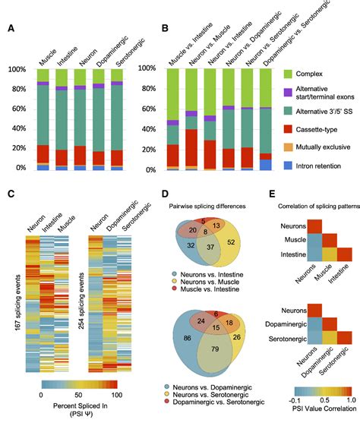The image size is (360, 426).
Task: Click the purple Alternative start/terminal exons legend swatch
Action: click(288, 92)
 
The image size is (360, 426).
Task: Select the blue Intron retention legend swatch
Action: click(288, 166)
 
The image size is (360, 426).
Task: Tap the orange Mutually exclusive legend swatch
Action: click(288, 147)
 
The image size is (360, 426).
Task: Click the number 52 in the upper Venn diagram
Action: click(231, 241)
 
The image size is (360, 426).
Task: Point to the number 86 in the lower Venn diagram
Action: click(187, 338)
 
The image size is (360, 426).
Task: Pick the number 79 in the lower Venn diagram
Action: click(215, 349)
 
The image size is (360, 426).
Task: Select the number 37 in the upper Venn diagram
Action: click(210, 247)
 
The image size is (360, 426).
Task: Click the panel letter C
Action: click(11, 194)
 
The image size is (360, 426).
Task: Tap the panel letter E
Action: click(272, 194)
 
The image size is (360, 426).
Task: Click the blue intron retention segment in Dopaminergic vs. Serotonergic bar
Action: click(266, 165)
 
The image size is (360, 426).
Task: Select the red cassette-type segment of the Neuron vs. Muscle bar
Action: click(191, 147)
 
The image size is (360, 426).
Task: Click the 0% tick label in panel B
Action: click(150, 170)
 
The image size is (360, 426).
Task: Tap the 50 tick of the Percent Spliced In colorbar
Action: click(78, 395)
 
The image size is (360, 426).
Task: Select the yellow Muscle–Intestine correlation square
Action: click(330, 254)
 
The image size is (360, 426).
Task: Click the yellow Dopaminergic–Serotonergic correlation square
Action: click(330, 338)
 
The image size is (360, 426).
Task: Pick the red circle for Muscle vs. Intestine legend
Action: click(175, 289)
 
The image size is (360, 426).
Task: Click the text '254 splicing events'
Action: click(81, 301)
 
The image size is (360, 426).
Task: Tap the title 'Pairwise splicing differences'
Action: click(207, 207)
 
